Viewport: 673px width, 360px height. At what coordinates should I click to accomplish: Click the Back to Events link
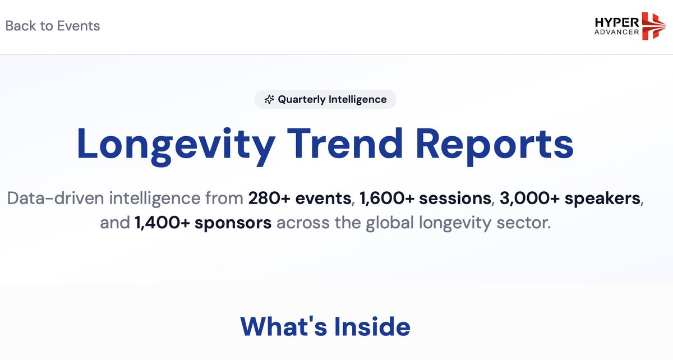tap(52, 26)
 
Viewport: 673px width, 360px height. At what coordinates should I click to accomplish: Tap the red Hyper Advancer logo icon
tap(653, 26)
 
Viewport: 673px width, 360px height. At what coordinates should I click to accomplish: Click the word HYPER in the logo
tap(616, 21)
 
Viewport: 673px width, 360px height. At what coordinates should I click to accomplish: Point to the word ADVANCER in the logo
tap(616, 32)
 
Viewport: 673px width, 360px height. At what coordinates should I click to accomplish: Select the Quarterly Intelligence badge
tap(325, 99)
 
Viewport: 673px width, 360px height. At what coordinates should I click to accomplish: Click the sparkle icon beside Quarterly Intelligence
tap(269, 99)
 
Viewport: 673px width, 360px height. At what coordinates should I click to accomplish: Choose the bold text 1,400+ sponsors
tap(203, 223)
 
